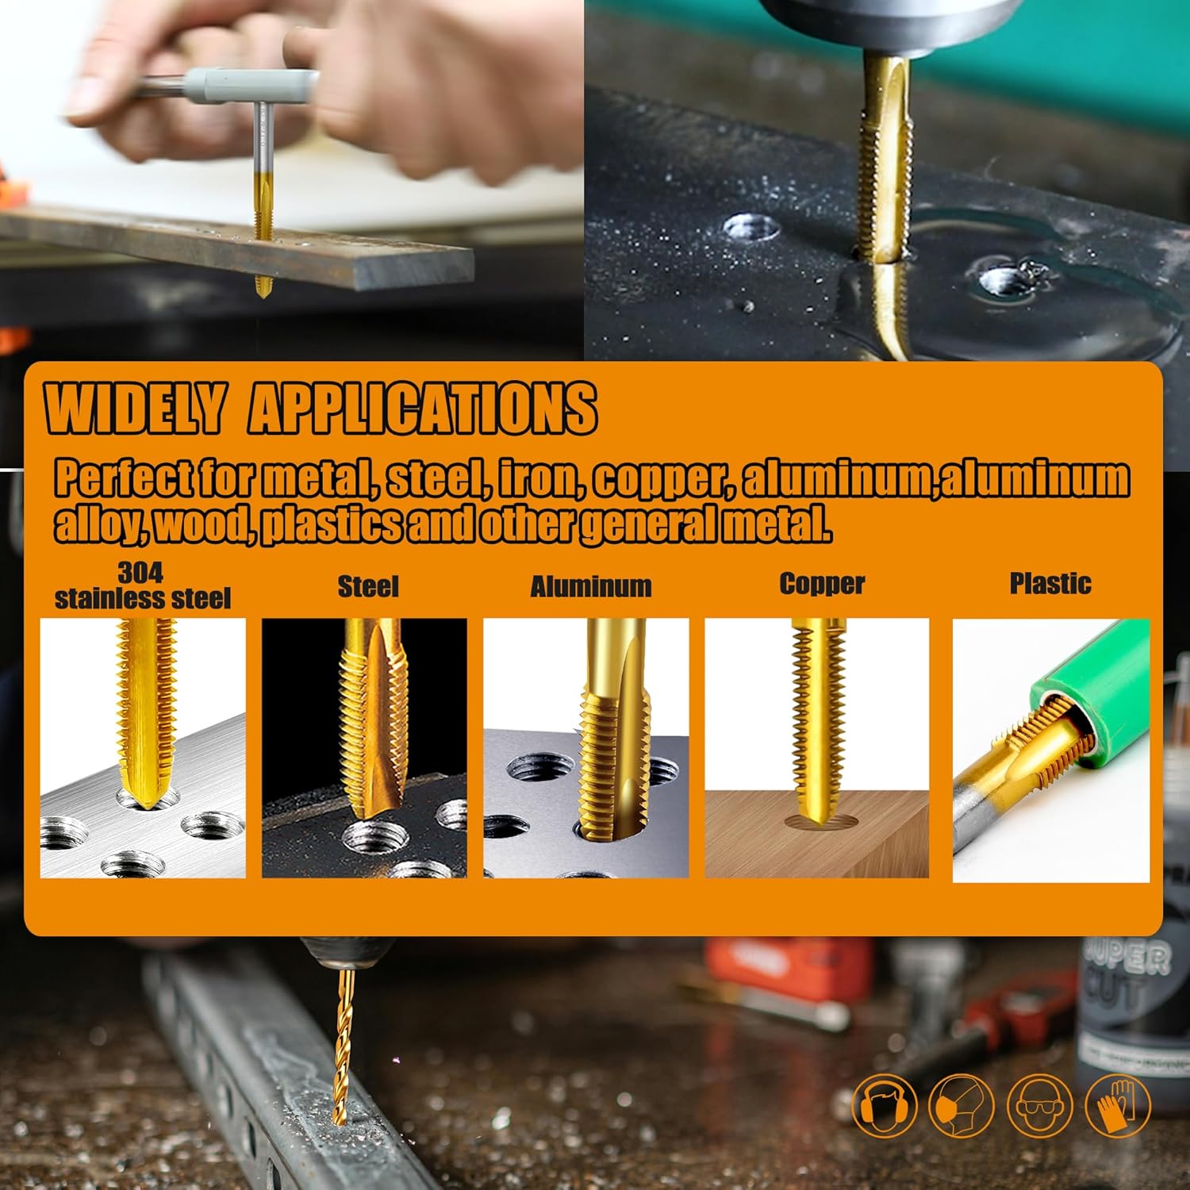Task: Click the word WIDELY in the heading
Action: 135,408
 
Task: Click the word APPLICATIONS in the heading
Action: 422,408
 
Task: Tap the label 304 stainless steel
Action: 143,585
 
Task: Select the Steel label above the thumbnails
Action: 368,586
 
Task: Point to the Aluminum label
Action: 591,586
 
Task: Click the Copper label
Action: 822,584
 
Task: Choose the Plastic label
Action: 1050,583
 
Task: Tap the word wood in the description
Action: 202,524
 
